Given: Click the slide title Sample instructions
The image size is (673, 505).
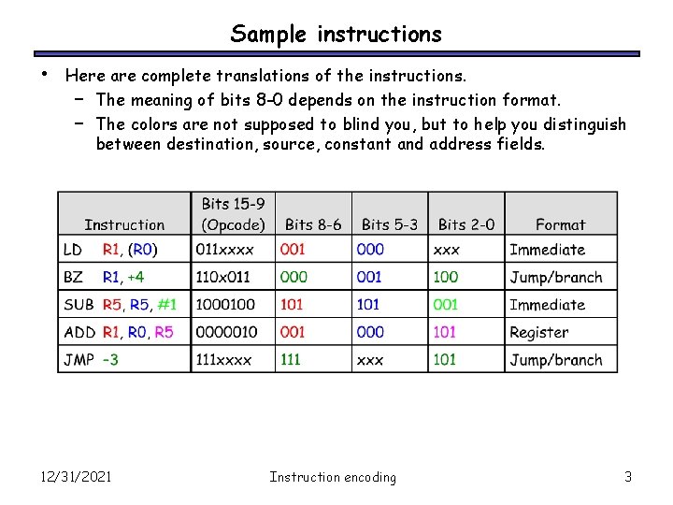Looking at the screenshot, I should click(336, 35).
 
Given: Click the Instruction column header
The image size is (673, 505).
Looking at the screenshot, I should click(124, 224).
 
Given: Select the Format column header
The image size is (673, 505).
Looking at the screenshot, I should click(561, 224).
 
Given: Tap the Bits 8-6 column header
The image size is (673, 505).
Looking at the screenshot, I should click(313, 224).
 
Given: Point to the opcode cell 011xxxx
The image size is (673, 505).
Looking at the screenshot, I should click(224, 250).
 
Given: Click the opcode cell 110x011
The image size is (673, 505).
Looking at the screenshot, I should click(224, 277).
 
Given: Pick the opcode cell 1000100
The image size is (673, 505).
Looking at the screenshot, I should click(225, 305).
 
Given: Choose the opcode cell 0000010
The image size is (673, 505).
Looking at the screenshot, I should click(225, 332).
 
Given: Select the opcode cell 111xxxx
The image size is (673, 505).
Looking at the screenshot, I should click(224, 360).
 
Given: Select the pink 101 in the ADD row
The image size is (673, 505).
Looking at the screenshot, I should click(445, 332).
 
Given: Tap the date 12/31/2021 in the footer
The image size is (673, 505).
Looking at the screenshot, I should click(77, 477).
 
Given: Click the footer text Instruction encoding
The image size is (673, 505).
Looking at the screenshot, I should click(333, 477).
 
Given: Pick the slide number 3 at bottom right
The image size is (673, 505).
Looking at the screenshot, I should click(628, 477).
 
